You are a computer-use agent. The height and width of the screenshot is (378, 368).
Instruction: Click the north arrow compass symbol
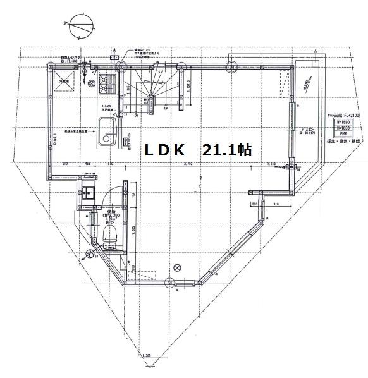coord(80,28)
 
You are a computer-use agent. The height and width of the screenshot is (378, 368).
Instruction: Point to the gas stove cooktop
coord(104,83)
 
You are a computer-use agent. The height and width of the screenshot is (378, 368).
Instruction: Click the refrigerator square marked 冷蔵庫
coord(64,82)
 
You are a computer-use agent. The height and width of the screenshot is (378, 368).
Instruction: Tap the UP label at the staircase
coord(166,108)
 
